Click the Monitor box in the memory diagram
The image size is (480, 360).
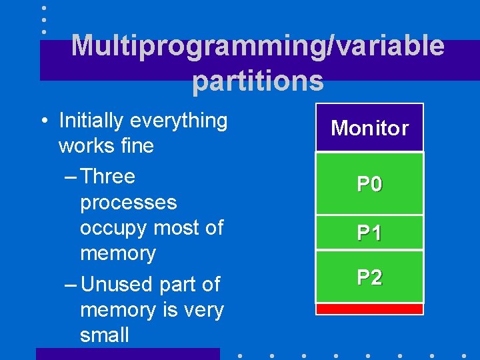(369, 127)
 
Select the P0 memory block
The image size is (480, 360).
(369, 183)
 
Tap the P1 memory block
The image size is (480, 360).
(369, 233)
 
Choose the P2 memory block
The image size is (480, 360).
(369, 277)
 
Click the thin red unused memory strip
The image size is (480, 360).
(369, 309)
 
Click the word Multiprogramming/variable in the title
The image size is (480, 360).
(257, 46)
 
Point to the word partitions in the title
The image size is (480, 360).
(257, 81)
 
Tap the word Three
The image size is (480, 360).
(108, 177)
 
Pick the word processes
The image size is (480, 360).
(128, 203)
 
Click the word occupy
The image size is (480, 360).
(114, 228)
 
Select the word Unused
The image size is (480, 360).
(113, 284)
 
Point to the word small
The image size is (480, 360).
(104, 335)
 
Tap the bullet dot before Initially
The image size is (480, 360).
(43, 121)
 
